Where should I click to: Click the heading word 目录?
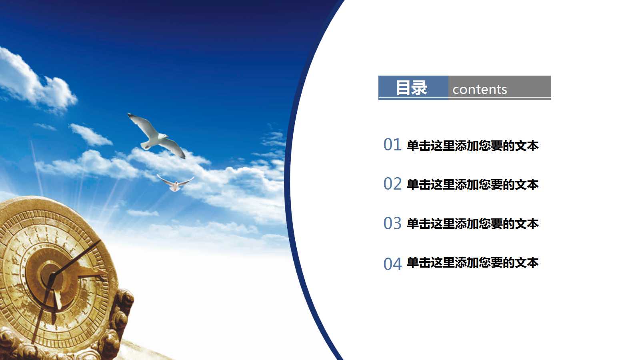411,88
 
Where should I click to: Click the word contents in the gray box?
480,90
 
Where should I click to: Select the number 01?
392,145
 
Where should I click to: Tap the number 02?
392,184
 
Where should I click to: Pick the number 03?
392,223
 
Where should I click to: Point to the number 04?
392,264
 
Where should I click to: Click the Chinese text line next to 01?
472,146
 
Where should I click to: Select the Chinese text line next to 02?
472,185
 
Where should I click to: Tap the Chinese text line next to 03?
472,224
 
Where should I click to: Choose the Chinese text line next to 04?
472,263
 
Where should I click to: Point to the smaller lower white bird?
175,184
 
